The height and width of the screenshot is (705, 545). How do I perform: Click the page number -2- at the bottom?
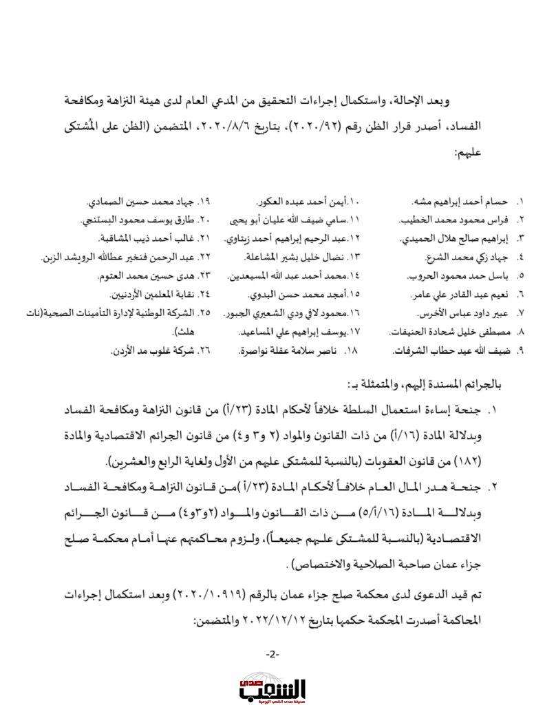(x=272, y=653)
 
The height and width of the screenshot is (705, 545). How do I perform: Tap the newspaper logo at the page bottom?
(x=272, y=686)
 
